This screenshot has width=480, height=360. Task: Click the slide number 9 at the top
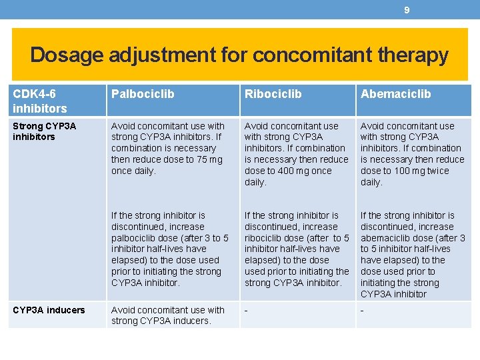407,10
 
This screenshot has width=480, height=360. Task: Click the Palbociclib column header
143,94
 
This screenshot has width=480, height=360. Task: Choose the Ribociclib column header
273,94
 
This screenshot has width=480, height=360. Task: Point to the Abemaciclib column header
395,94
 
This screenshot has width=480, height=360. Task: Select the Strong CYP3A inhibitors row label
44,131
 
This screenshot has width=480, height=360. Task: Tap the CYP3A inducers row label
49,310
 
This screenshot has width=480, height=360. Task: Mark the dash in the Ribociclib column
246,311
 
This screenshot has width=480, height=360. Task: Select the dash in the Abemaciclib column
362,311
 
